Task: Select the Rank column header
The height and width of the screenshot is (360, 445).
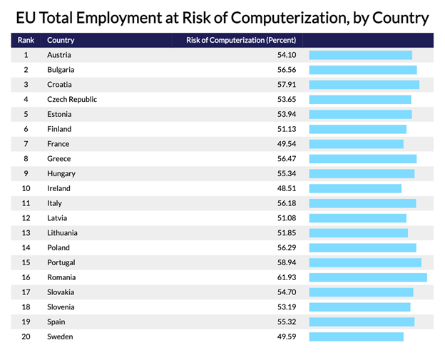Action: [25, 41]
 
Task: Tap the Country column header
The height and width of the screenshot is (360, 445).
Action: [61, 41]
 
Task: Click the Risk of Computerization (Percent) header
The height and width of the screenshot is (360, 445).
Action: [240, 41]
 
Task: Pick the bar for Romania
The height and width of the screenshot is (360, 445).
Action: [368, 277]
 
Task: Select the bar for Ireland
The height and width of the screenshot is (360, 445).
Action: [355, 188]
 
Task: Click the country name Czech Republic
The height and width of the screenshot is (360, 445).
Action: [72, 100]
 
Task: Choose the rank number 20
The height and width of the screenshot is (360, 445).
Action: [26, 336]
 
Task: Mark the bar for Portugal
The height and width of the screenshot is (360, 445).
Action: [365, 262]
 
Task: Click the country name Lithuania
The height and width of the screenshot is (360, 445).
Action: [63, 233]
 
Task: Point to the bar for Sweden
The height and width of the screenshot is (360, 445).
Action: [356, 336]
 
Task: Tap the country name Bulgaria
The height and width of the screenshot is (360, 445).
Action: [61, 70]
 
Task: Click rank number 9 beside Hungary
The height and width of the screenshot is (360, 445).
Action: [26, 173]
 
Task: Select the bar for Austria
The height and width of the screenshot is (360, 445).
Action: [360, 55]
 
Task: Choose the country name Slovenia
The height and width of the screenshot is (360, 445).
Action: [61, 307]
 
